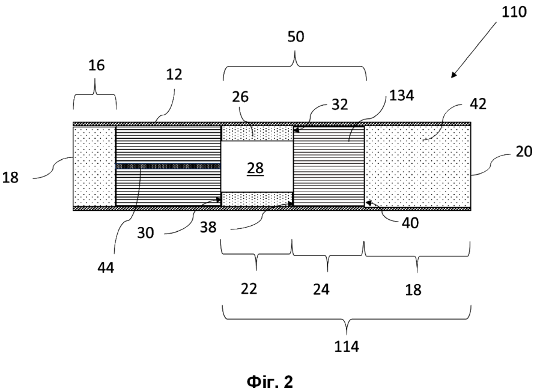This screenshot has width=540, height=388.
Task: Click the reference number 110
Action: click(x=514, y=12)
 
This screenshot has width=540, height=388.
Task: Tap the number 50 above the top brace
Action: click(x=296, y=37)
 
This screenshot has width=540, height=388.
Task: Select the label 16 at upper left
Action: click(x=97, y=65)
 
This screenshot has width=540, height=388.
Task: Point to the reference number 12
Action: click(x=174, y=74)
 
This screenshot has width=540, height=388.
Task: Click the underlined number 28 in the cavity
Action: click(x=255, y=168)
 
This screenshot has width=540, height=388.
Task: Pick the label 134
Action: click(x=402, y=95)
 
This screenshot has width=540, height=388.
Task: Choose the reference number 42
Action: click(x=478, y=104)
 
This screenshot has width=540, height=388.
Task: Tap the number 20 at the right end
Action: click(x=524, y=151)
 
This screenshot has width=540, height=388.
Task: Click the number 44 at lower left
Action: click(x=106, y=267)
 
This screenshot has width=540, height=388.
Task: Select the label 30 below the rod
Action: click(x=145, y=233)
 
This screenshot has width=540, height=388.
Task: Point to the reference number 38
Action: click(x=208, y=227)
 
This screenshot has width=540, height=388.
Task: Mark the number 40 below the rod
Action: click(x=410, y=223)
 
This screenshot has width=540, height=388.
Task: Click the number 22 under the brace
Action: click(x=249, y=288)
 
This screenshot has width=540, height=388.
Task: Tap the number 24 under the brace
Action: click(x=321, y=289)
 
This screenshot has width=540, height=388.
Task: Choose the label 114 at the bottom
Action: click(x=347, y=347)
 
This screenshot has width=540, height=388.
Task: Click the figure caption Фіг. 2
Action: click(x=270, y=381)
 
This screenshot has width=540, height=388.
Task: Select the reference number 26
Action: click(x=240, y=97)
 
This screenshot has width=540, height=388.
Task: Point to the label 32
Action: click(x=340, y=105)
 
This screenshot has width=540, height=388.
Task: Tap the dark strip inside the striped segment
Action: click(x=168, y=166)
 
